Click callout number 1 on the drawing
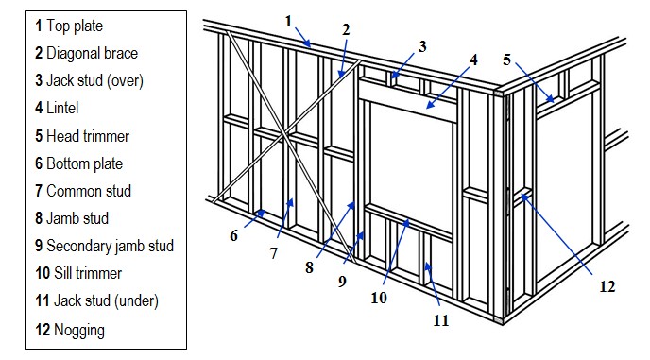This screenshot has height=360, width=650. click(289, 21)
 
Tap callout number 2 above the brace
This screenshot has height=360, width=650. click(346, 29)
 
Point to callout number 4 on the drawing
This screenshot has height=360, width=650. click(473, 60)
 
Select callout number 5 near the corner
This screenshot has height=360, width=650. click(506, 60)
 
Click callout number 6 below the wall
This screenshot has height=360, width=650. click(233, 236)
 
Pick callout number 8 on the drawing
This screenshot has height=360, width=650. click(309, 267)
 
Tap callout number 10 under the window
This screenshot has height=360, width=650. click(379, 298)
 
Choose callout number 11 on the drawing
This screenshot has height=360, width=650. click(441, 320)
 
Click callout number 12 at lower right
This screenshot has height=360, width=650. click(607, 286)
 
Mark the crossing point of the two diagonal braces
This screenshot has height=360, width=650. click(284, 134)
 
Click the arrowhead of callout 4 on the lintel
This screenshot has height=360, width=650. click(430, 105)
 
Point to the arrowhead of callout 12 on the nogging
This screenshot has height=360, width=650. click(524, 197)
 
